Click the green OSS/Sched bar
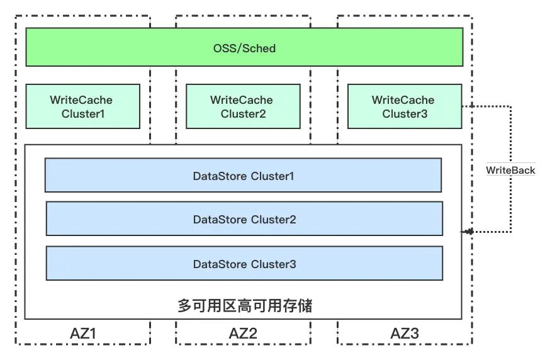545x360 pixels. click(x=126, y=48)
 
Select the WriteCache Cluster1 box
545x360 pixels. click(x=82, y=106)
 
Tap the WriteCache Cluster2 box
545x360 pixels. click(x=243, y=106)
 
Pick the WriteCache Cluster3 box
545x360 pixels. click(x=404, y=106)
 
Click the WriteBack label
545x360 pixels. click(x=510, y=170)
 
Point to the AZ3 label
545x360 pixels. click(x=404, y=334)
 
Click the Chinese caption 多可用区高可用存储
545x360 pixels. click(x=245, y=307)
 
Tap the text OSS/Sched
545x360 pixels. click(x=244, y=48)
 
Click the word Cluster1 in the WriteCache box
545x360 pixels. click(x=83, y=114)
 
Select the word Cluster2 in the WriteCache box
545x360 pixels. click(x=243, y=114)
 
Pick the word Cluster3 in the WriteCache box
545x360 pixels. click(x=405, y=114)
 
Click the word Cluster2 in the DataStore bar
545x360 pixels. click(x=274, y=220)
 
